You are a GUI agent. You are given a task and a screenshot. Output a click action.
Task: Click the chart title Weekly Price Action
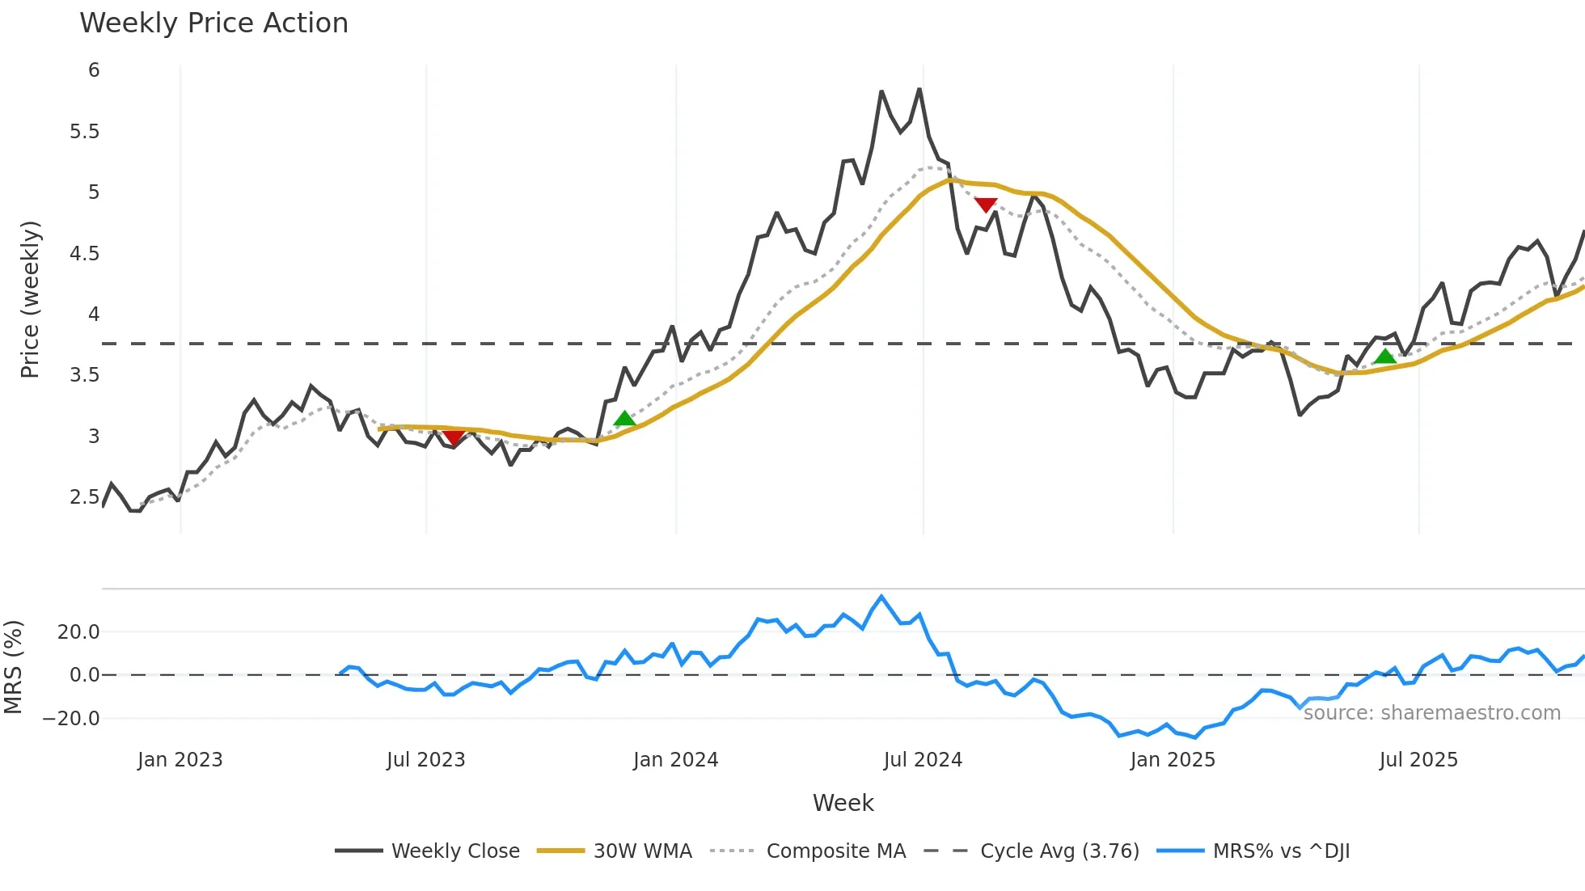(213, 23)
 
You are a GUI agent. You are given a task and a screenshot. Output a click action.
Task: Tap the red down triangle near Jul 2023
(454, 437)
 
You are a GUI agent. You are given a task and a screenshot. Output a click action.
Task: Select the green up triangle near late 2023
(624, 418)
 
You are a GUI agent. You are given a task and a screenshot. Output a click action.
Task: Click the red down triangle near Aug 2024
(986, 205)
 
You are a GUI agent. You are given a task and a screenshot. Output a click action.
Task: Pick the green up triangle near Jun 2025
(1385, 357)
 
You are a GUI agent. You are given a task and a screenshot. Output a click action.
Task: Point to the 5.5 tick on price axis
(84, 132)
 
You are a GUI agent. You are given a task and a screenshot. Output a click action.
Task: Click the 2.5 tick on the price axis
(84, 497)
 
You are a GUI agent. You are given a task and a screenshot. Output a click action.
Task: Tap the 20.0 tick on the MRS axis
(78, 632)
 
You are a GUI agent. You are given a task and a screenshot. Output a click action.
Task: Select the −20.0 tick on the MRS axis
(72, 719)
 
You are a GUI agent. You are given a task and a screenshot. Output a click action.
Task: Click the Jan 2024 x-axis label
(675, 760)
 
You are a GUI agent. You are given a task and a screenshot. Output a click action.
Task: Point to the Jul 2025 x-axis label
(1418, 760)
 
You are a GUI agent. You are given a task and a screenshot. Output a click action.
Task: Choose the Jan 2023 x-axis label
(180, 760)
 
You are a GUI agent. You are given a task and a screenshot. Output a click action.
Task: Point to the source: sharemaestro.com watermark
(1431, 713)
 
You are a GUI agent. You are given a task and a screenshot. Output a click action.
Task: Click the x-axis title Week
(843, 803)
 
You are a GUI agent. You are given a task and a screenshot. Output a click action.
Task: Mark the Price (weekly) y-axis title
(30, 299)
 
